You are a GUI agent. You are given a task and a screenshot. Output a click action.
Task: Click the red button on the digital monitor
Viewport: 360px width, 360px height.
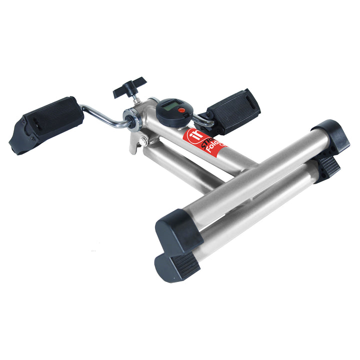(181, 110)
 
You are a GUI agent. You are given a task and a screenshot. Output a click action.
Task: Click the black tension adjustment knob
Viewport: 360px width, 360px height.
(129, 86)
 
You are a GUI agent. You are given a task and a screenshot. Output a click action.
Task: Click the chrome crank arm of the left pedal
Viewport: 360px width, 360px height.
(102, 114)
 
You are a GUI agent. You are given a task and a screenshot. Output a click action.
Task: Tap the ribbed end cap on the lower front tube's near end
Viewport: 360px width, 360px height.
(176, 265)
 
